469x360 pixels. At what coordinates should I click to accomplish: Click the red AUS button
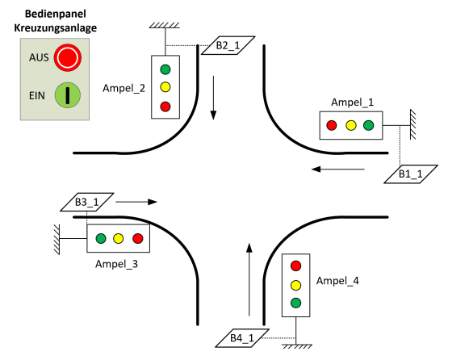tap(68, 57)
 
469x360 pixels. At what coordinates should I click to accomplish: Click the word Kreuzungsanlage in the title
tap(56, 27)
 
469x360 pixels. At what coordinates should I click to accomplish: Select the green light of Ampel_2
tap(165, 69)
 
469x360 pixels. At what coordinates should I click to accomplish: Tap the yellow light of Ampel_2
tap(165, 87)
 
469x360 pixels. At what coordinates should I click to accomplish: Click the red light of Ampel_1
tap(332, 125)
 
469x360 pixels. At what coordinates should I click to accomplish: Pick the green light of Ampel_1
tap(368, 125)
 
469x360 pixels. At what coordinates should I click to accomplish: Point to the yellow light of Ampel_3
tap(119, 238)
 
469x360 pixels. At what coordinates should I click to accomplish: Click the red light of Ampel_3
tap(138, 238)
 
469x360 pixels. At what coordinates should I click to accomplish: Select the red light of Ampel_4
tap(295, 266)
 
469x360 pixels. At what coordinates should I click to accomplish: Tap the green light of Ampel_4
tap(295, 303)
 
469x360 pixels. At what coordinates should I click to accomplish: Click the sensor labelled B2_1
tap(228, 45)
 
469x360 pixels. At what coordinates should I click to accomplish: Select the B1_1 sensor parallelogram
tap(411, 174)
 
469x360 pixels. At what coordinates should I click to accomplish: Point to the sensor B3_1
tap(87, 202)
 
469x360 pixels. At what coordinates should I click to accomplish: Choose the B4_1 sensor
tap(242, 338)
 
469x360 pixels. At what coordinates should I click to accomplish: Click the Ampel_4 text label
tap(337, 281)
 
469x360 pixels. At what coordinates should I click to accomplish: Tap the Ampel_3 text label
tap(117, 264)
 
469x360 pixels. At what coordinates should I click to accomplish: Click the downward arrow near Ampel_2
tap(213, 98)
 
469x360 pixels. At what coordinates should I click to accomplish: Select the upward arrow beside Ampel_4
tap(249, 279)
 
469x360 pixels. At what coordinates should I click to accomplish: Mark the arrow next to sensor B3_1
tap(136, 202)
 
